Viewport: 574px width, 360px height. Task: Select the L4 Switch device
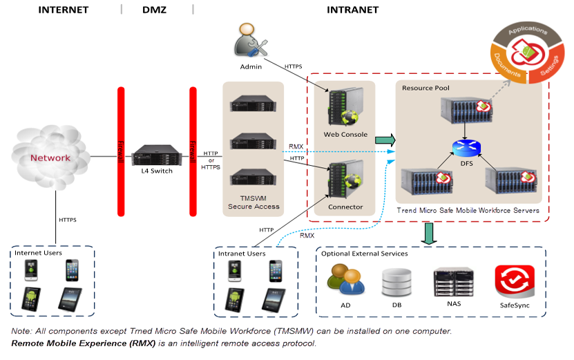(x=155, y=154)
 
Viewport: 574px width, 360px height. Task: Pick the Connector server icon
(x=345, y=181)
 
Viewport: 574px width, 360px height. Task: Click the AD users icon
(x=345, y=281)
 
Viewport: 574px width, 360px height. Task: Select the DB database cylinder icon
(x=396, y=281)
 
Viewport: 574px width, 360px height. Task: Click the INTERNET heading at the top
(x=63, y=10)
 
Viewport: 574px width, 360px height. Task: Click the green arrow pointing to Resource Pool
(x=385, y=140)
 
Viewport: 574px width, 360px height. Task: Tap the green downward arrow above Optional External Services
(x=429, y=233)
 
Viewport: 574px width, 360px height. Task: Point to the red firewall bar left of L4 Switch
(x=120, y=152)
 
